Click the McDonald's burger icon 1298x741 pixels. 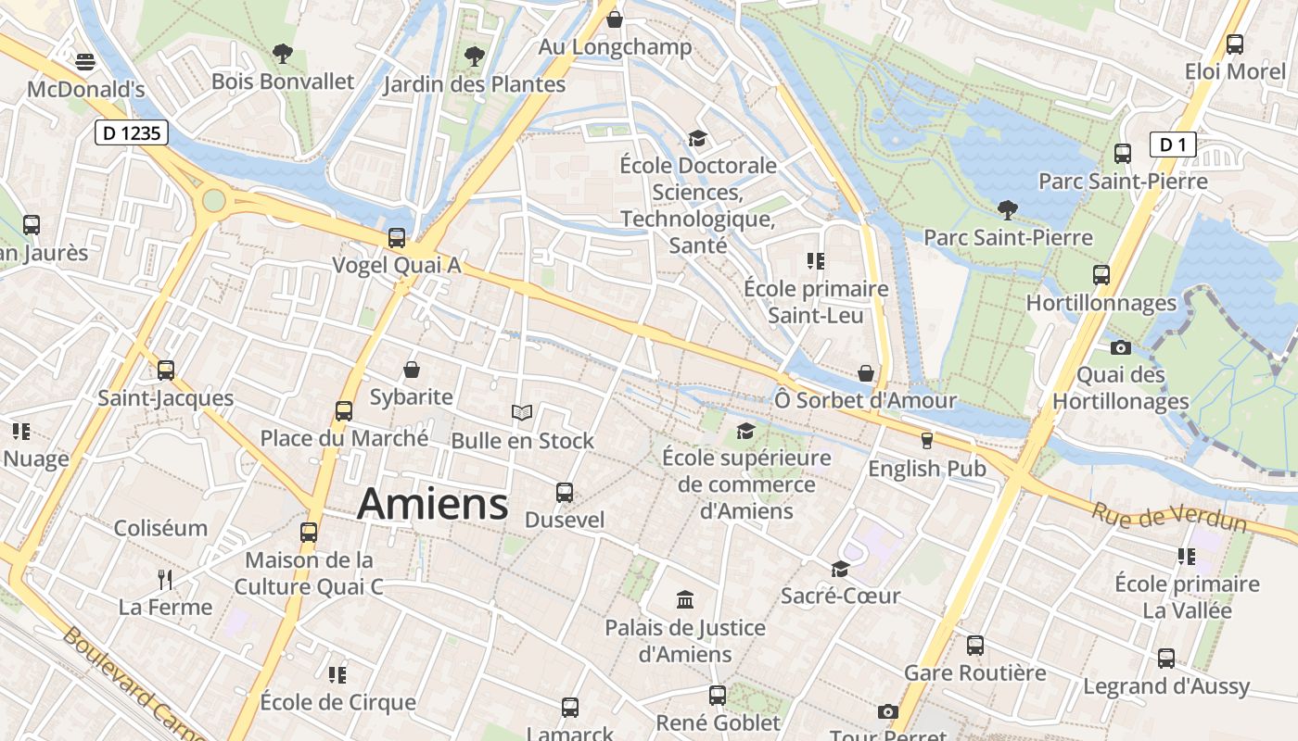(85, 62)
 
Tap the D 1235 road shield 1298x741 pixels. (132, 133)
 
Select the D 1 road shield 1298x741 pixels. (1173, 144)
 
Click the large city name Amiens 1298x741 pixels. (433, 504)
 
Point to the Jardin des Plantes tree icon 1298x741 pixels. (475, 57)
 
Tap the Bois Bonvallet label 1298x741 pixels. (283, 82)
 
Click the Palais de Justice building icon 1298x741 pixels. (685, 599)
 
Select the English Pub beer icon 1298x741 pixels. (925, 440)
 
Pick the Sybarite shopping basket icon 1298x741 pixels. (412, 370)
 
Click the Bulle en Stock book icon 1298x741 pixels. (522, 412)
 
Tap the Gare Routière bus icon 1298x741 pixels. (975, 645)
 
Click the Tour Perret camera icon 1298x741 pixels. (888, 711)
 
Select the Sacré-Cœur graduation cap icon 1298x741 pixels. (840, 568)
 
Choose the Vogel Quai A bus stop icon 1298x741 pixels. (397, 237)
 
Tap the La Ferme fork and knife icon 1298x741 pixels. (166, 580)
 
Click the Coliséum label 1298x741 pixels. (160, 528)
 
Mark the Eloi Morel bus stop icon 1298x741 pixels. (1235, 44)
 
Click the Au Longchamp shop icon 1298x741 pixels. (614, 19)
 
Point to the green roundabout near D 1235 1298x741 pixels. (214, 200)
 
